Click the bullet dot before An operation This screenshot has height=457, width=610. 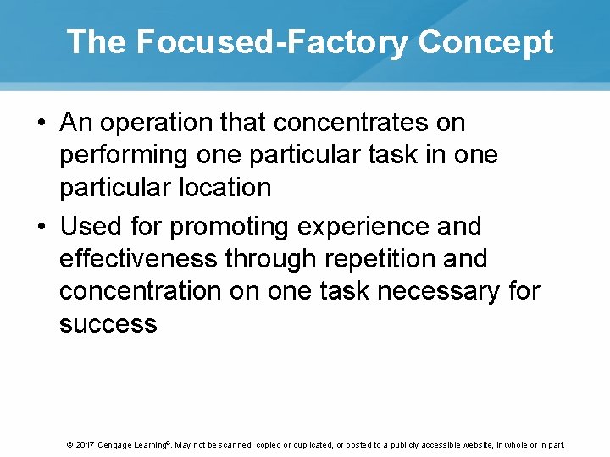[42, 124]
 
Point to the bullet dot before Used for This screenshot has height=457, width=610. [42, 228]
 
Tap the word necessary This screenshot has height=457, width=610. [440, 291]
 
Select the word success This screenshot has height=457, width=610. [108, 323]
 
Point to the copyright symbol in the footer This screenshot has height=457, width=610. [69, 445]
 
